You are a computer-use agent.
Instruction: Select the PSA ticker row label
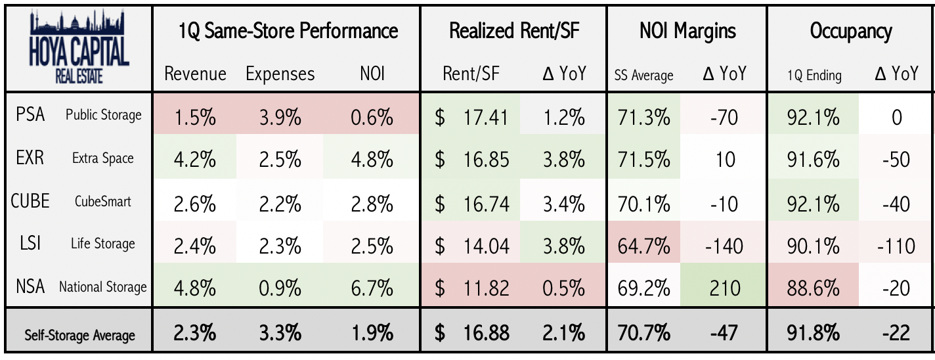click(31, 115)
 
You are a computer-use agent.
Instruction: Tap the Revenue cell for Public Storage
click(195, 117)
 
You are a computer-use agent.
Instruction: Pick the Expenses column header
click(280, 74)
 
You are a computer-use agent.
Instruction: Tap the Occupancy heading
click(850, 31)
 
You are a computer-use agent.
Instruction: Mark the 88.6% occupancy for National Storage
click(814, 288)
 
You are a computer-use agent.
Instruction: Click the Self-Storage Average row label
click(79, 335)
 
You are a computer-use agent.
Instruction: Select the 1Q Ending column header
click(814, 76)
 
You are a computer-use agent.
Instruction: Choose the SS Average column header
click(643, 76)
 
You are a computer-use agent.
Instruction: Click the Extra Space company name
click(103, 158)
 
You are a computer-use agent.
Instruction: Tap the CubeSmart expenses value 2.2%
click(280, 203)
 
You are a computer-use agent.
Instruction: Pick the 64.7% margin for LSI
click(643, 246)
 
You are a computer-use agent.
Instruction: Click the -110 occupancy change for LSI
click(895, 246)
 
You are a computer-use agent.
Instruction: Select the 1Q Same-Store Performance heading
click(288, 31)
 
